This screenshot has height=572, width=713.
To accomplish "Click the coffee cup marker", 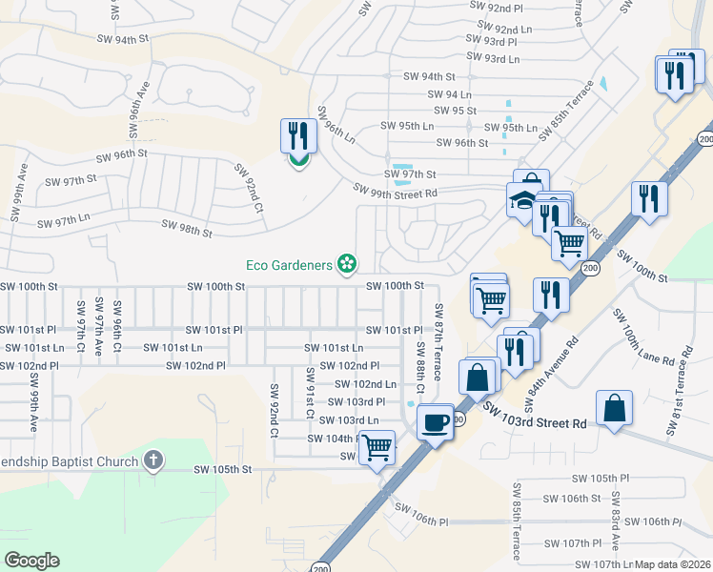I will click(436, 422).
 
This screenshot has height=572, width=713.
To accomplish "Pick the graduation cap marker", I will click(522, 202).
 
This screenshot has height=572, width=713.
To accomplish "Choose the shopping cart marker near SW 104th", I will click(377, 446).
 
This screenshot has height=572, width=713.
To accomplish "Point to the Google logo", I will click(31, 561).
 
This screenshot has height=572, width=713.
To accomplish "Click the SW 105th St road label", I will click(222, 469).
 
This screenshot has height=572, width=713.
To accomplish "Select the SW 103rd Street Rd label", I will click(534, 417).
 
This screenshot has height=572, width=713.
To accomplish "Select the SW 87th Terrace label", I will click(438, 341).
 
